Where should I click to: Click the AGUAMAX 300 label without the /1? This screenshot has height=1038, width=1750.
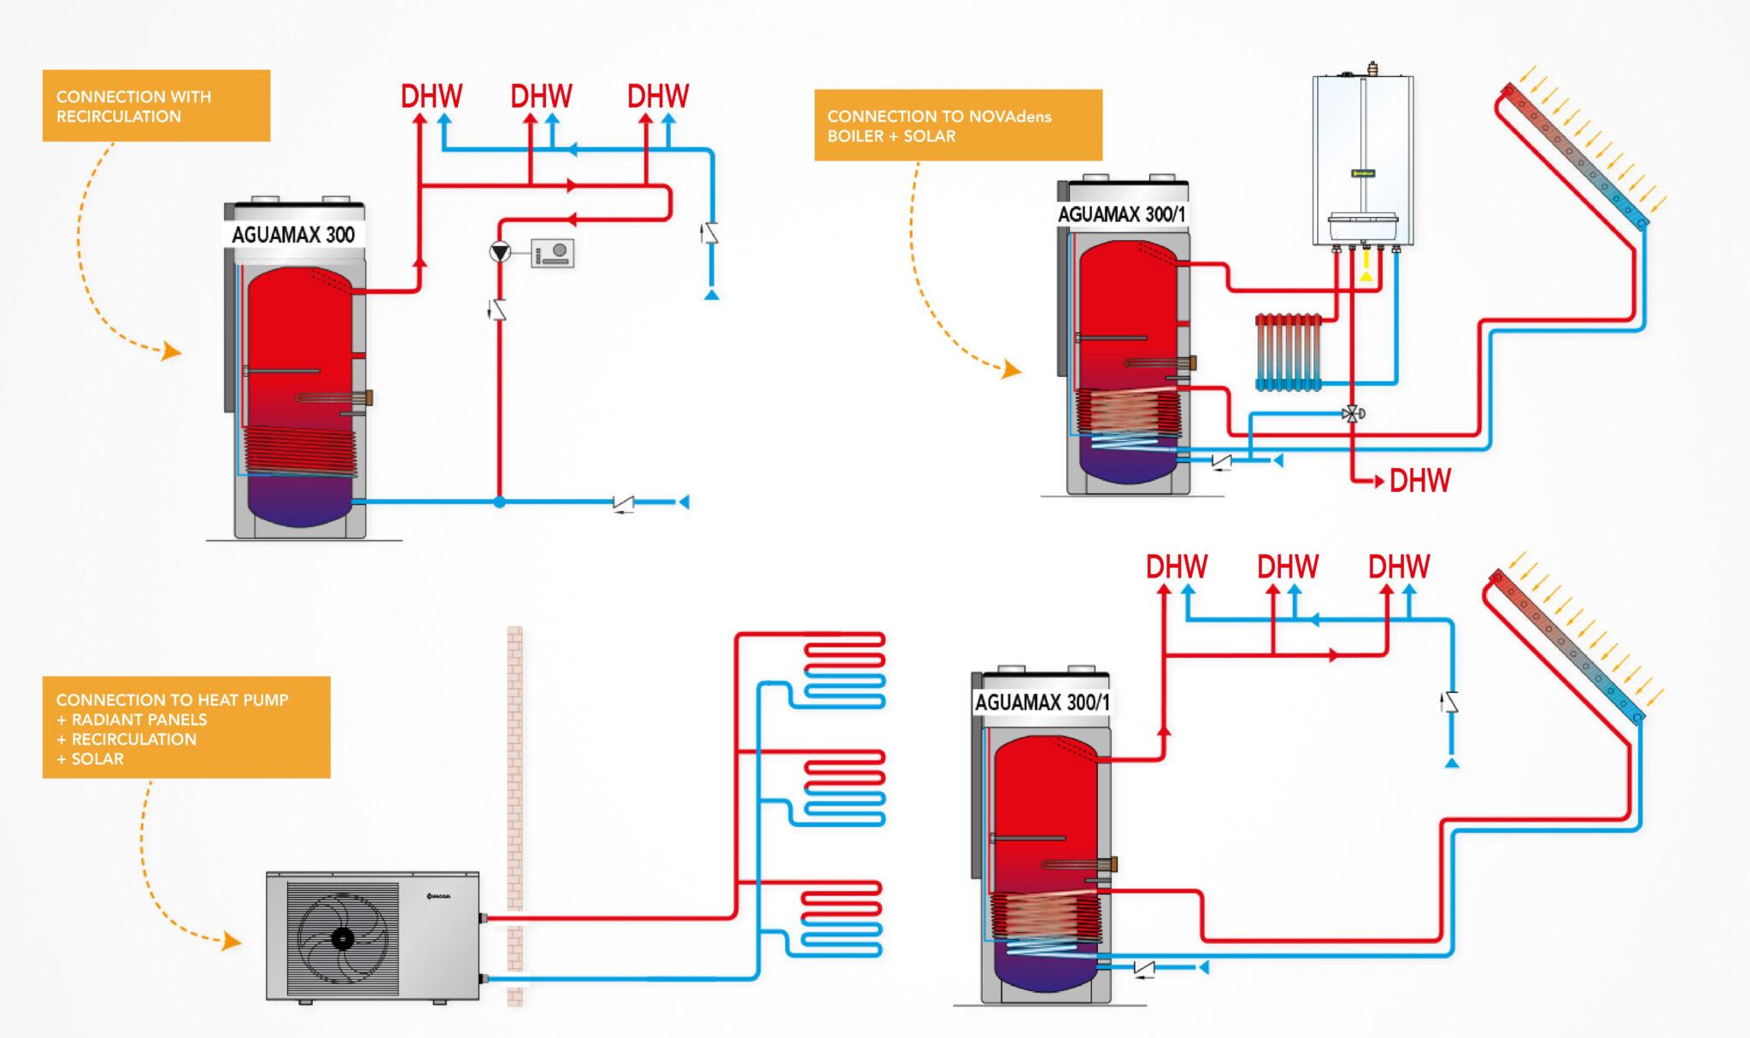pos(293,235)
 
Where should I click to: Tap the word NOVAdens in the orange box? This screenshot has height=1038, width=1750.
pos(1010,116)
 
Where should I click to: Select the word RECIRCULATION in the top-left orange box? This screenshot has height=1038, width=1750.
pos(119,117)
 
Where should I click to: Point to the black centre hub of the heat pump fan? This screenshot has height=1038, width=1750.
pos(343,939)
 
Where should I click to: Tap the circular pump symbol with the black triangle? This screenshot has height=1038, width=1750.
pos(500,252)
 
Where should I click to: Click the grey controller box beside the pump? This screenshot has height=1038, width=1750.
pos(552,253)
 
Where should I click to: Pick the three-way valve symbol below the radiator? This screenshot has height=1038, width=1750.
pos(1353,414)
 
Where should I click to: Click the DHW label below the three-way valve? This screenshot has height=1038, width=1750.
pos(1419,481)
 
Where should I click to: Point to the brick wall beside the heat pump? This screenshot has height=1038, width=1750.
pos(514,812)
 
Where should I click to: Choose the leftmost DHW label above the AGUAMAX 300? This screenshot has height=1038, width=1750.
pos(432,97)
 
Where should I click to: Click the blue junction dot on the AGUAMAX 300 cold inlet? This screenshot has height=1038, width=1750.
pos(500,502)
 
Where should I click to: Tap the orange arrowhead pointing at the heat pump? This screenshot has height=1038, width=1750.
pos(232,941)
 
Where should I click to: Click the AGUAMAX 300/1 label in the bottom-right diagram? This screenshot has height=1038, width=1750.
pos(1042,702)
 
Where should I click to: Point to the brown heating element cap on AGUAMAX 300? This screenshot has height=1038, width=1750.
pos(368,397)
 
